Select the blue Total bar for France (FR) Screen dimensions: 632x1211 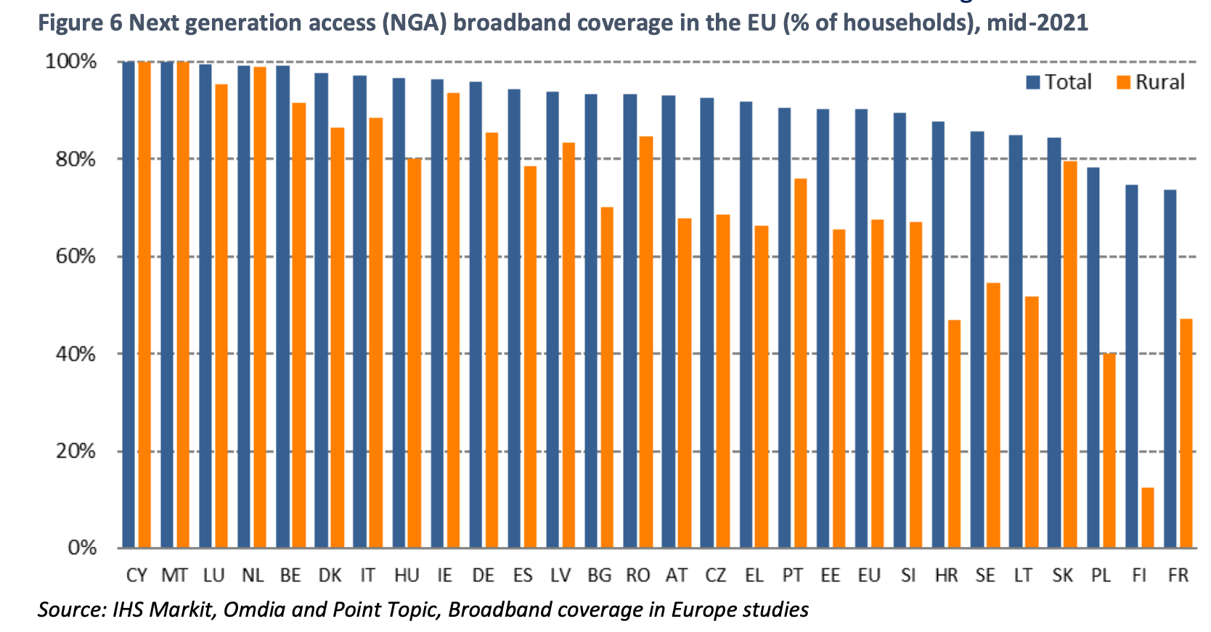click(1170, 368)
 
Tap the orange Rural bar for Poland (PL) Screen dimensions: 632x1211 click(1109, 450)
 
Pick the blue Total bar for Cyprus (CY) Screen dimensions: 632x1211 click(129, 304)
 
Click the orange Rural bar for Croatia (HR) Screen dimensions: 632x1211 click(954, 434)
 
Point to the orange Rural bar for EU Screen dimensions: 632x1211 click(877, 384)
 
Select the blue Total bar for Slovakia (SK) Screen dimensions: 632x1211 click(1054, 342)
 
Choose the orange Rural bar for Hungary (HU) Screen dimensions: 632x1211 click(414, 353)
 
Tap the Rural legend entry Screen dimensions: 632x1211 click(1150, 82)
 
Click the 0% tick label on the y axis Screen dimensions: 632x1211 click(82, 548)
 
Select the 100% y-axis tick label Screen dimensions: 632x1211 click(71, 61)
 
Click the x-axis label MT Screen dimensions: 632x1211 click(174, 576)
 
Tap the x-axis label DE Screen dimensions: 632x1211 click(483, 576)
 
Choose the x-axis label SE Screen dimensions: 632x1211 click(985, 576)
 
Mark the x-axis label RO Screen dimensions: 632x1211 click(637, 576)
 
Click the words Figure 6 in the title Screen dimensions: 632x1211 click(80, 23)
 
